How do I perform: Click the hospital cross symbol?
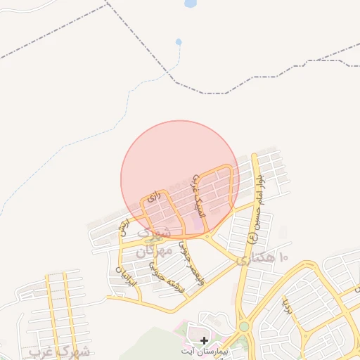click(204, 340)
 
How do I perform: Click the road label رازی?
click(155, 197)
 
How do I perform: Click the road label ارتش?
click(124, 228)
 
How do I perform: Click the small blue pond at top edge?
click(190, 4)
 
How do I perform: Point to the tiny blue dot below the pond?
click(179, 42)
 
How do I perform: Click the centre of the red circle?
click(180, 179)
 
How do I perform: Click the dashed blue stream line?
click(70, 148)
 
